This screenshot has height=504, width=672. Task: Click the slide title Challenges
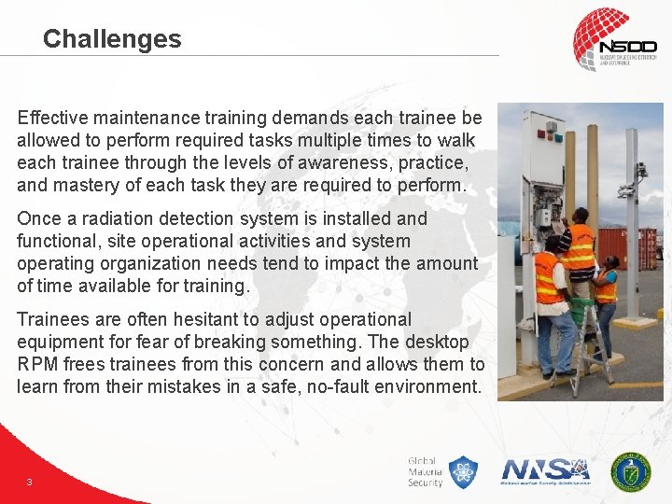coord(112,39)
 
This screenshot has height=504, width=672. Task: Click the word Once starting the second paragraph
coord(39,218)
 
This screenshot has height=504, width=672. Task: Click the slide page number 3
coord(30,482)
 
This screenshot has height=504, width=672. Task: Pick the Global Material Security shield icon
coord(462,472)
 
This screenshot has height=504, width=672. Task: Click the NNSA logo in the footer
coord(545,470)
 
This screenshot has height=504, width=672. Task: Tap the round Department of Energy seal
coord(631,471)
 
